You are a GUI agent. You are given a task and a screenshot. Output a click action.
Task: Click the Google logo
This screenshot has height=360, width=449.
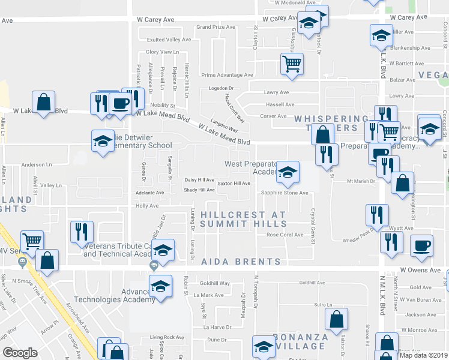[20, 352]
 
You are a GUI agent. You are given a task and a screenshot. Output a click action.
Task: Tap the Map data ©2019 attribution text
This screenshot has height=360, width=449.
[423, 355]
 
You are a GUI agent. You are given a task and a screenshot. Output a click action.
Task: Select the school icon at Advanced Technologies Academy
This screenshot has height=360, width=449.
[160, 285]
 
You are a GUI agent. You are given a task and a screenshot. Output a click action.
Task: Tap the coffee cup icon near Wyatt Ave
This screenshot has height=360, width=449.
[421, 244]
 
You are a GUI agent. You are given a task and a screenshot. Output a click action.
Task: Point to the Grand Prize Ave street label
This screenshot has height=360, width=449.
[215, 27]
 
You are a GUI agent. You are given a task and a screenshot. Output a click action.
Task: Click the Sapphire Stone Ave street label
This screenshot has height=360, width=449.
[284, 193]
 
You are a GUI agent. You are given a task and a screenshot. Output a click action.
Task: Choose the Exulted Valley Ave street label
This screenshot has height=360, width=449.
[169, 40]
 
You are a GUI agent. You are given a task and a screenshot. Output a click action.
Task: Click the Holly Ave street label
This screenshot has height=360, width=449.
[147, 206]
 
